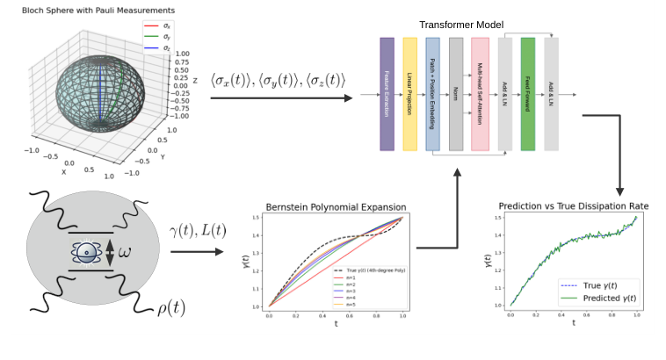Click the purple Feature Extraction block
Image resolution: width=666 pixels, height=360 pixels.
tap(387, 94)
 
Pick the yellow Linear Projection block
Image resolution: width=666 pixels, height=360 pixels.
tap(409, 94)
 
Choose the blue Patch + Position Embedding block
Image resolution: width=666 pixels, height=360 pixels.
tap(432, 94)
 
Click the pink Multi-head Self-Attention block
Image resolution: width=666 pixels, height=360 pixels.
tap(480, 94)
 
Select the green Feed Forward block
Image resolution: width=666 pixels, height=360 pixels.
tap(527, 94)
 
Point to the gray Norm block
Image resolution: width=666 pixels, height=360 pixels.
tap(456, 94)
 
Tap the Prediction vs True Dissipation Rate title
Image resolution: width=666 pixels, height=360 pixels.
tap(573, 206)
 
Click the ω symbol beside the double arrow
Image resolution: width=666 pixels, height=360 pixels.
tap(125, 252)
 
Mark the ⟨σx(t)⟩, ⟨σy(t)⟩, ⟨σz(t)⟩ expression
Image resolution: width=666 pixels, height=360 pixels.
tap(278, 81)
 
